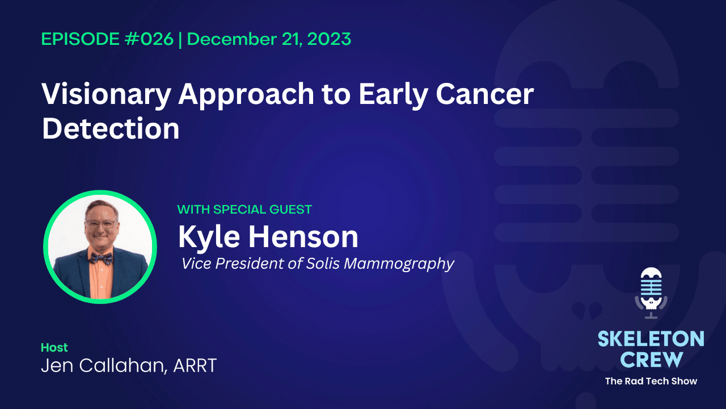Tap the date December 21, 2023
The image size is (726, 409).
pos(269,39)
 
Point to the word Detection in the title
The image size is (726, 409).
pos(111,129)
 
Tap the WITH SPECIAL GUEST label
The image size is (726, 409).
pos(244,210)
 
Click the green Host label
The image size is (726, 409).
pos(54,347)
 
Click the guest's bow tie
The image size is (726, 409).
pos(100,258)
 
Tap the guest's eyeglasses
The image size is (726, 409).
pos(100,223)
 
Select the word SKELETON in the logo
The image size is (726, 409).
pos(651,340)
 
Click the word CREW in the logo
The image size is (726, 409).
pos(651,359)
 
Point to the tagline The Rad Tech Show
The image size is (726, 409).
pos(651,381)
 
